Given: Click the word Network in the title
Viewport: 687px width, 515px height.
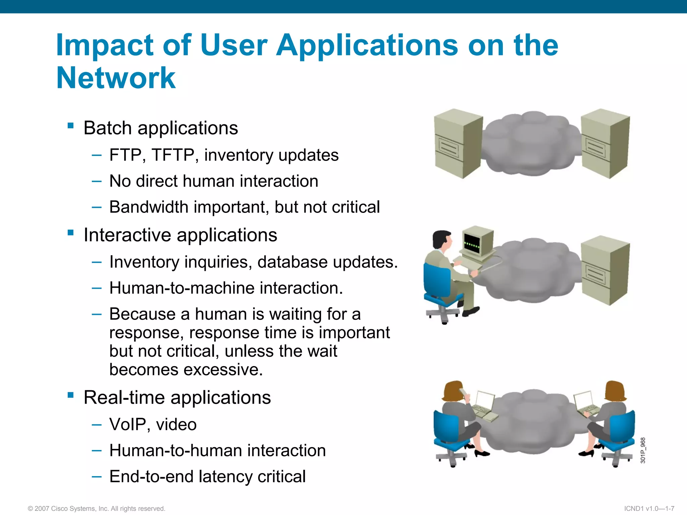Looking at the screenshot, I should coord(116,78).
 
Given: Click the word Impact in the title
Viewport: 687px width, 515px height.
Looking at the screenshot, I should coord(105,45).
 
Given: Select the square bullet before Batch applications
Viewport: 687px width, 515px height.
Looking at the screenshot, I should coord(70,126).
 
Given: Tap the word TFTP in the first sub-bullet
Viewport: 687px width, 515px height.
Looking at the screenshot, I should coord(172,155).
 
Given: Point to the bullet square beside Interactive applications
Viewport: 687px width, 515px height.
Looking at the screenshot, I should coord(70,233).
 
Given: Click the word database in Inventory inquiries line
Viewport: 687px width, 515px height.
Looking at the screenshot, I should coord(293,262).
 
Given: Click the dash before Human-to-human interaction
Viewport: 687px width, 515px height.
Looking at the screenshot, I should coord(97,450).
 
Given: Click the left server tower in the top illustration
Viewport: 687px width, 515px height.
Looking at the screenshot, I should coord(458,144).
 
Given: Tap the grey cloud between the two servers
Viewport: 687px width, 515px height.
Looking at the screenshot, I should coord(532,144).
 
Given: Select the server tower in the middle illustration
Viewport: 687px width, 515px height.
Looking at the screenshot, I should coord(605,270).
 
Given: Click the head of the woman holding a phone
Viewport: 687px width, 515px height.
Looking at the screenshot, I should coord(453,391).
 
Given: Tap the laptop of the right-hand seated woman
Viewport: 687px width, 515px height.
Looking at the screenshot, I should coord(585,403).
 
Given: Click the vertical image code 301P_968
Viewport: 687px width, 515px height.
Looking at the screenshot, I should coord(643,450).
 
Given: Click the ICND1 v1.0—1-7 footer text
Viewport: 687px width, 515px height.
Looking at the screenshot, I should coord(649,509).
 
